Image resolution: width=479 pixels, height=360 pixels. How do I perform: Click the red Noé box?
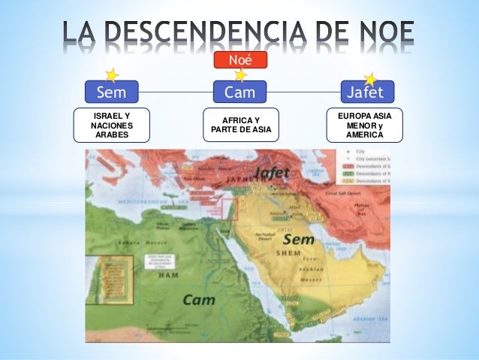click(239, 59)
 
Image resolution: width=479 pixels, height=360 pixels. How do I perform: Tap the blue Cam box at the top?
click(239, 92)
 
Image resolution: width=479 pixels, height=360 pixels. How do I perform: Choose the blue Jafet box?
click(366, 92)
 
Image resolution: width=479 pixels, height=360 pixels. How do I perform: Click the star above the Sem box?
click(112, 75)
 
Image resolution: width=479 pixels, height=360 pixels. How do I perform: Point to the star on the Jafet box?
click(369, 79)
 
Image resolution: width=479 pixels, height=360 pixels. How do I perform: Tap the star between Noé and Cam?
click(240, 75)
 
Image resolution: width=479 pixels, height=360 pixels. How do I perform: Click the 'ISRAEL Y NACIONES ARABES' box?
click(111, 125)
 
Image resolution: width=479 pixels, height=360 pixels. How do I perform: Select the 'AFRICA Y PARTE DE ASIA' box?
click(240, 125)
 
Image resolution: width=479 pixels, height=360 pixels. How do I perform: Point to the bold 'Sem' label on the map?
click(298, 240)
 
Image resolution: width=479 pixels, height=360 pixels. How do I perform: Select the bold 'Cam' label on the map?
click(199, 299)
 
